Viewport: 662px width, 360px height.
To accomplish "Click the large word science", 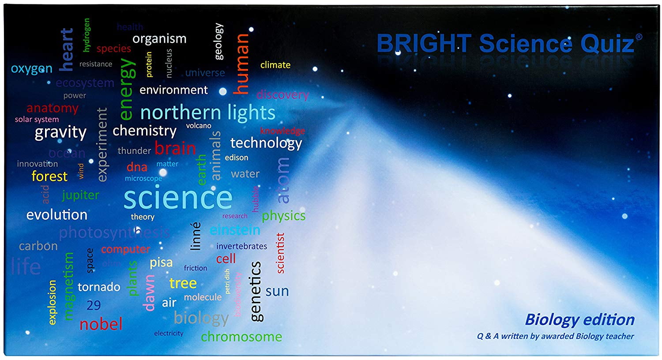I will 178,198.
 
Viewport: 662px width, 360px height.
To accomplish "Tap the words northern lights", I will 207,113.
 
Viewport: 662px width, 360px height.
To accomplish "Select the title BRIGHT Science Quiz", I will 505,44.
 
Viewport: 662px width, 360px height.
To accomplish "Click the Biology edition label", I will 579,319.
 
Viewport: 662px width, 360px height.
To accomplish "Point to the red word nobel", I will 101,324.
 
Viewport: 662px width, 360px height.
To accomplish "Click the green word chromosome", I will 241,337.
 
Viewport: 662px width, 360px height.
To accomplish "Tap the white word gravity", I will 60,132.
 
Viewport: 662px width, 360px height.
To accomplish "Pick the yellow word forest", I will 49,176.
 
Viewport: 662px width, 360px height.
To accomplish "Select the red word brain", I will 175,149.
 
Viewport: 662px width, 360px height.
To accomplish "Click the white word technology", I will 266,143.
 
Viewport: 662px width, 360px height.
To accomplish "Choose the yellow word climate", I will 275,65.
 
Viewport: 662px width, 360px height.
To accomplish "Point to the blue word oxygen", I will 32,69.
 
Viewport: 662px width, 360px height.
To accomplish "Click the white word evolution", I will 57,215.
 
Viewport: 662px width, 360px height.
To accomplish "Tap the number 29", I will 94,305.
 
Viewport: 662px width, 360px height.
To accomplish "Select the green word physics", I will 283,216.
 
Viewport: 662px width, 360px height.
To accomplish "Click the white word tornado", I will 99,287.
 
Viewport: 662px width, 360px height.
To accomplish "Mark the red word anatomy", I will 52,108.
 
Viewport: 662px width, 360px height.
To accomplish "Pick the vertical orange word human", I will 242,64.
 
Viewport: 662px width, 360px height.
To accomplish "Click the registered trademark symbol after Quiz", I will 639,37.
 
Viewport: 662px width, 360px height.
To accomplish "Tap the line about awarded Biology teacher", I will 555,336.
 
